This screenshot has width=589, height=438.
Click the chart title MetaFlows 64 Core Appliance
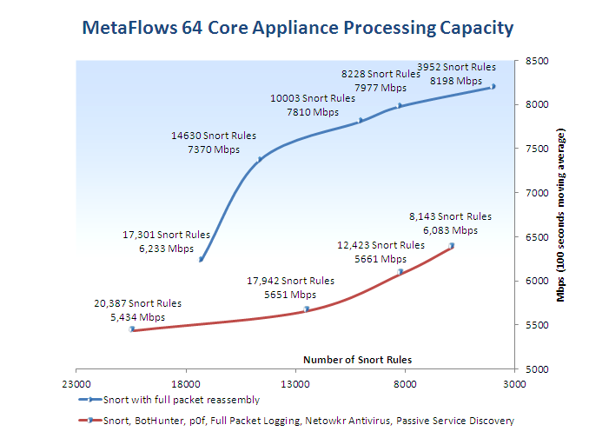(x=296, y=28)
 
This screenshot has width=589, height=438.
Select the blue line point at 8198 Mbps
(x=493, y=87)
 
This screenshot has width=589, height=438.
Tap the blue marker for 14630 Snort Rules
(x=260, y=159)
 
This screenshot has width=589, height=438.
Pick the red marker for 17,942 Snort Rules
(x=307, y=309)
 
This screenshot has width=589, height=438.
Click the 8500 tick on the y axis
(x=534, y=61)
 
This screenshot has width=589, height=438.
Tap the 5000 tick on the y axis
(x=534, y=368)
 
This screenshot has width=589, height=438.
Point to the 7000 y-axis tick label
(x=534, y=192)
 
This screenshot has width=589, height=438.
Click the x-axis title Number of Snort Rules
(x=357, y=359)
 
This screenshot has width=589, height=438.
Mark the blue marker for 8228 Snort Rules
(x=400, y=106)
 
